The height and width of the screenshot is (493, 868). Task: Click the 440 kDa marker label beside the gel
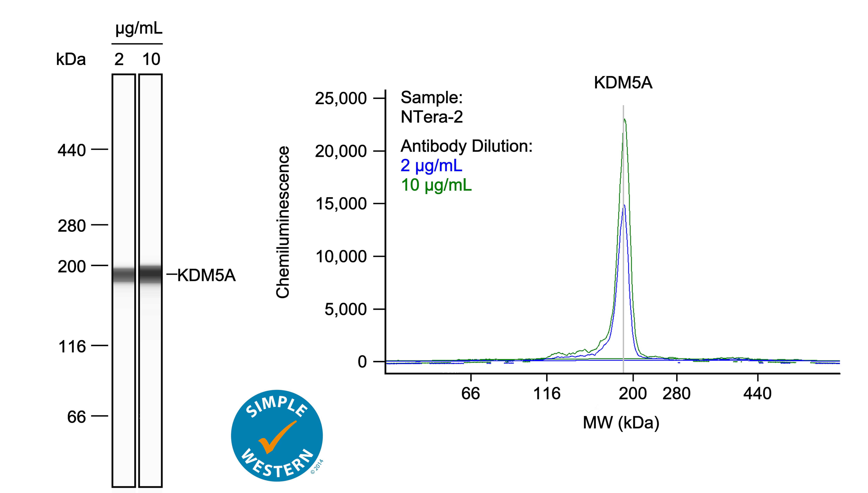72,150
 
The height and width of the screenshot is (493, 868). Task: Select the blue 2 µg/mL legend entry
431,166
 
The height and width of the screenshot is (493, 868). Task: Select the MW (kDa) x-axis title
621,423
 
